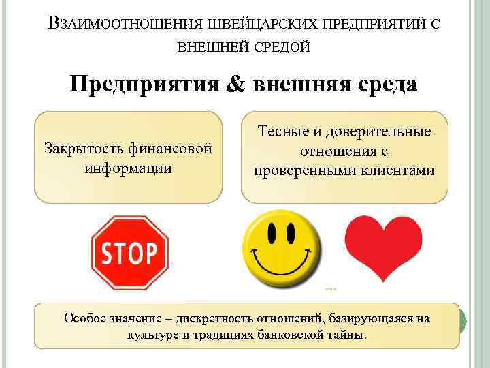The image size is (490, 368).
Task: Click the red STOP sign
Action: [x=129, y=253]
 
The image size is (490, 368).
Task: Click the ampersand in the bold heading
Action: [x=235, y=87]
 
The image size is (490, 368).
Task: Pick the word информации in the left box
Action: [x=127, y=166]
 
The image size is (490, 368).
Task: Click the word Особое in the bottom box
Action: [x=86, y=318]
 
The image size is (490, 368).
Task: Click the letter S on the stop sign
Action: [x=108, y=254]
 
